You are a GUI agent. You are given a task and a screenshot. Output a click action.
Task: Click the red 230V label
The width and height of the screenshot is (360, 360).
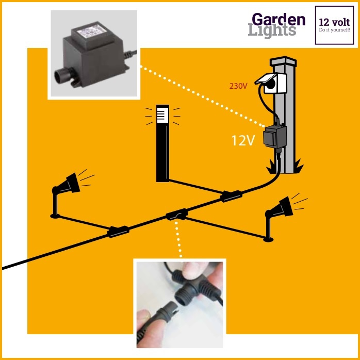pos(238,86)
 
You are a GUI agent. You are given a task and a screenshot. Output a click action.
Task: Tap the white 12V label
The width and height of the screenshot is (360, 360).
pos(243,140)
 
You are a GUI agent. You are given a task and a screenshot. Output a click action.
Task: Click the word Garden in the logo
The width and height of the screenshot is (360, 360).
pos(279,20)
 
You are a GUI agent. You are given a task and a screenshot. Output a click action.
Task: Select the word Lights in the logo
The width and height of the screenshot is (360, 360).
pos(272,30)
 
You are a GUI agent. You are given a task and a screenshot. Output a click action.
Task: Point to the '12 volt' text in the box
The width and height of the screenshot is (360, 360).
pos(334,22)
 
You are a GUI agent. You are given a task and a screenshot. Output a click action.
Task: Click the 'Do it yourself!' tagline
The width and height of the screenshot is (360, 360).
pos(335,30)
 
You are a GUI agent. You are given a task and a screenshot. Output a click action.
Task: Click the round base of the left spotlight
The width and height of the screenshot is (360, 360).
pos(55,216)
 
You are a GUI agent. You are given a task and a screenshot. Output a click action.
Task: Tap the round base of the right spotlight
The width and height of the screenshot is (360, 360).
pos(268,239)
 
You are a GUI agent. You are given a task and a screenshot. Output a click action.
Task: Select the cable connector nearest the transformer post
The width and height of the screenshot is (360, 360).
pos(231,196)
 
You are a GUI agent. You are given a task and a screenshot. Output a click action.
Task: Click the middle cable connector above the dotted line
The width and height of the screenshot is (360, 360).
pos(177,215)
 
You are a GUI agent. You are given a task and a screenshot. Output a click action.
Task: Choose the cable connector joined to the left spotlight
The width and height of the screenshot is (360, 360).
pos(118,232)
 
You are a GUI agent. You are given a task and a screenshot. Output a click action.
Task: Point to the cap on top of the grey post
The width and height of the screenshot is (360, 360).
pos(283,61)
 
